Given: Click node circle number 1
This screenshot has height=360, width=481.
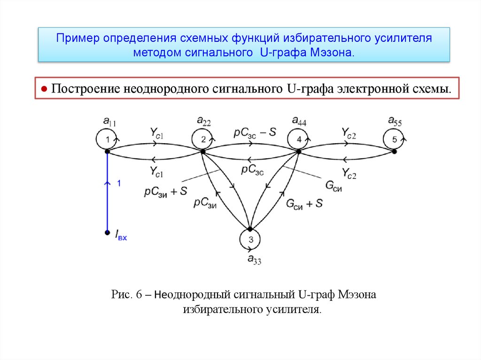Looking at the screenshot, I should [108, 139].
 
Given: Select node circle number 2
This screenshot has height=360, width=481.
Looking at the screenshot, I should [203, 139].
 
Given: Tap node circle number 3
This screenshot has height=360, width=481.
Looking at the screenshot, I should [250, 240].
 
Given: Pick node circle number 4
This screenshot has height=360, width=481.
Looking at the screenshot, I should [299, 139].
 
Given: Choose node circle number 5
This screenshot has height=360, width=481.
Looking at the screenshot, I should [395, 139].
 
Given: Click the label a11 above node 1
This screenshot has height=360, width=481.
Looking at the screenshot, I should [109, 123].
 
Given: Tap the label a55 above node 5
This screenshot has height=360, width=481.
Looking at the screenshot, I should [395, 122].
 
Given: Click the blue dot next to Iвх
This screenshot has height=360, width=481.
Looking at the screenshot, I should [108, 232].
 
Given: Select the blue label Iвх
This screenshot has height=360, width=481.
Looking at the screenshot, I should [121, 235].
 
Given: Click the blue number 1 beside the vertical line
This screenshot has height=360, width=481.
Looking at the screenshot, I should [119, 184].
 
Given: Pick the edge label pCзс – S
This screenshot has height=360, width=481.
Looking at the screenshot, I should [255, 132].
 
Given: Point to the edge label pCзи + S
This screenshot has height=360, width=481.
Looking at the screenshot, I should [166, 191].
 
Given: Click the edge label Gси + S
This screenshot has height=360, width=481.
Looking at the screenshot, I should [304, 203].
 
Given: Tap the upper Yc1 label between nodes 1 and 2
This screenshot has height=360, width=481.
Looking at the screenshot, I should [157, 133].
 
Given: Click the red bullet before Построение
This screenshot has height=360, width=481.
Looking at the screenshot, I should [44, 88].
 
